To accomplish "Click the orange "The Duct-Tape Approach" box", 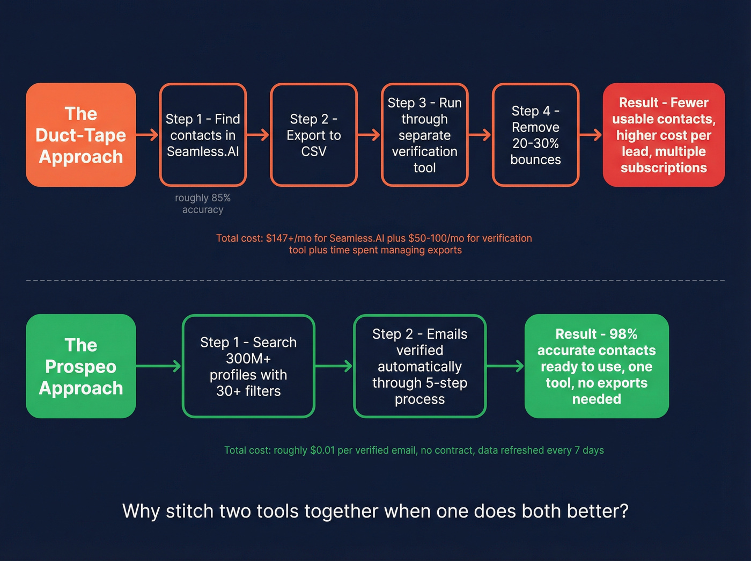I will [80, 135].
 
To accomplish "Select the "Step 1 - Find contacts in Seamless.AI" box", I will [203, 135].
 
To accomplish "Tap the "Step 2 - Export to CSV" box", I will [314, 135].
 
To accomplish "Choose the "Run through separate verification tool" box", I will [424, 135].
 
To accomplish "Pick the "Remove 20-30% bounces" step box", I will [535, 135].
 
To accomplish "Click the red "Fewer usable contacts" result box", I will [664, 135].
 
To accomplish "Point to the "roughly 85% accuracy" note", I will [203, 203].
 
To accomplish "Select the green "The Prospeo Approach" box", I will [80, 366].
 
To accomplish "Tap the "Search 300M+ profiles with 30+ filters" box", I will [248, 366].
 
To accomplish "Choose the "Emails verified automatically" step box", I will [419, 366].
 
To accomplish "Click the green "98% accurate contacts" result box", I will [597, 366].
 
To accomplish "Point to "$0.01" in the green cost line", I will [322, 450].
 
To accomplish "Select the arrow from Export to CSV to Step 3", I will [369, 135].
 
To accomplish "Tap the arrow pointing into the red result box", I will [591, 135].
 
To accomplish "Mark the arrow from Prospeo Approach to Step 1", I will [159, 366].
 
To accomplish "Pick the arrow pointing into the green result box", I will [505, 366].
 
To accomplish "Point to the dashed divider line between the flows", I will [376, 280].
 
